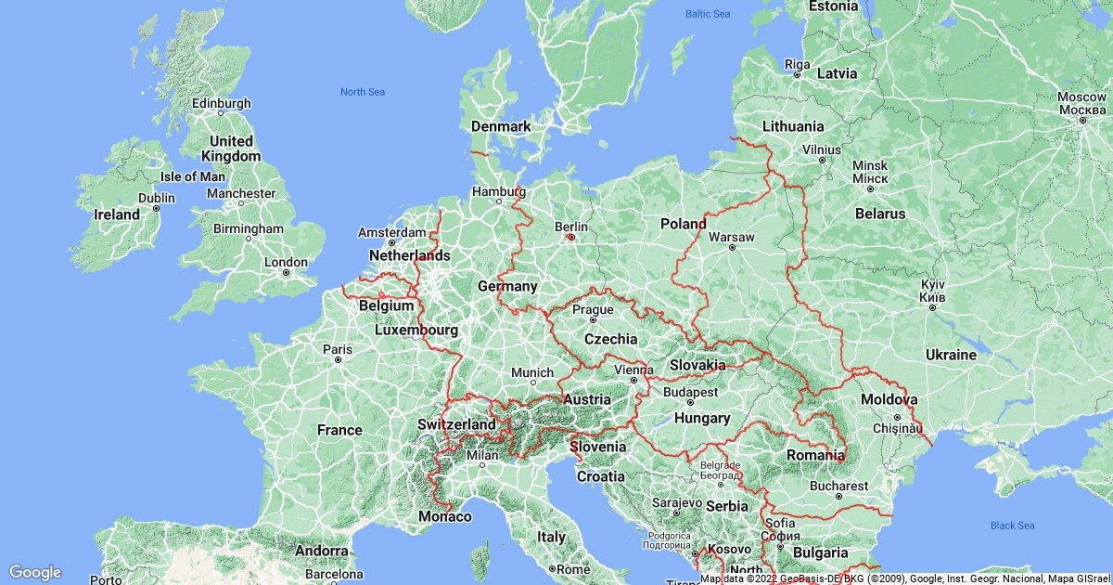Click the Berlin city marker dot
(571, 237)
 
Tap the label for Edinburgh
(221, 103)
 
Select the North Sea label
(362, 91)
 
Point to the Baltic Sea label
(708, 14)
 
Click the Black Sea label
(1012, 526)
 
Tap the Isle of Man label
(193, 176)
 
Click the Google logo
(34, 572)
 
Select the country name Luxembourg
(416, 330)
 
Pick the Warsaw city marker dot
(732, 248)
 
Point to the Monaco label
(445, 516)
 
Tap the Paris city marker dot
(338, 359)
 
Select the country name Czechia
(610, 339)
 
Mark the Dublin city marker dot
(156, 209)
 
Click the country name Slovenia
(598, 447)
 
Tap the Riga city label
(798, 63)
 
